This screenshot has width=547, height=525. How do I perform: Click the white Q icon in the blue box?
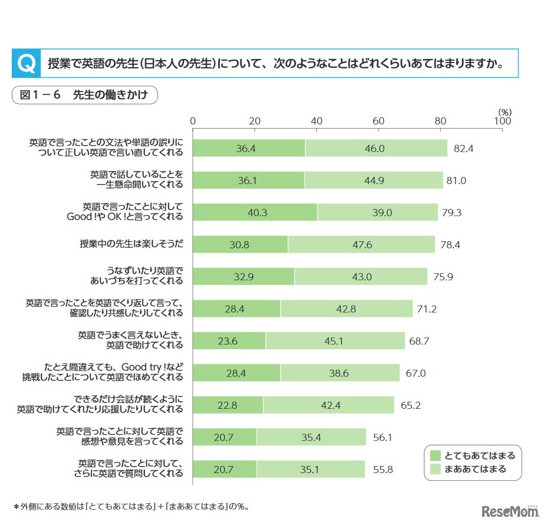(x=25, y=63)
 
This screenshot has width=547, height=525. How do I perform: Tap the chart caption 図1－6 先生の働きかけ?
(x=84, y=96)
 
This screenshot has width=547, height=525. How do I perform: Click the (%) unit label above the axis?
(x=505, y=111)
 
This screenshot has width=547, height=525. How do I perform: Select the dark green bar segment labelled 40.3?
(x=255, y=212)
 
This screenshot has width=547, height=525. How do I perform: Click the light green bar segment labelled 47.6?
(x=361, y=244)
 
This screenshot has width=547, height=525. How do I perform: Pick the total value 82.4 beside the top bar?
(x=463, y=149)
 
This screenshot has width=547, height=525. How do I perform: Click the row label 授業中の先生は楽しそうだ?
(x=131, y=244)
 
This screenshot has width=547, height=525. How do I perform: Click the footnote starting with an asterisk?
(x=131, y=506)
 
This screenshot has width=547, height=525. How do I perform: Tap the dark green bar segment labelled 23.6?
(x=229, y=340)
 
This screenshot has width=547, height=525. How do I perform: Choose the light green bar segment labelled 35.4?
(x=311, y=437)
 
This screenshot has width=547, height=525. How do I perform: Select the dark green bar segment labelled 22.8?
(x=228, y=405)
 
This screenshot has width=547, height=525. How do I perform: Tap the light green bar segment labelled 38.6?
(x=340, y=373)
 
